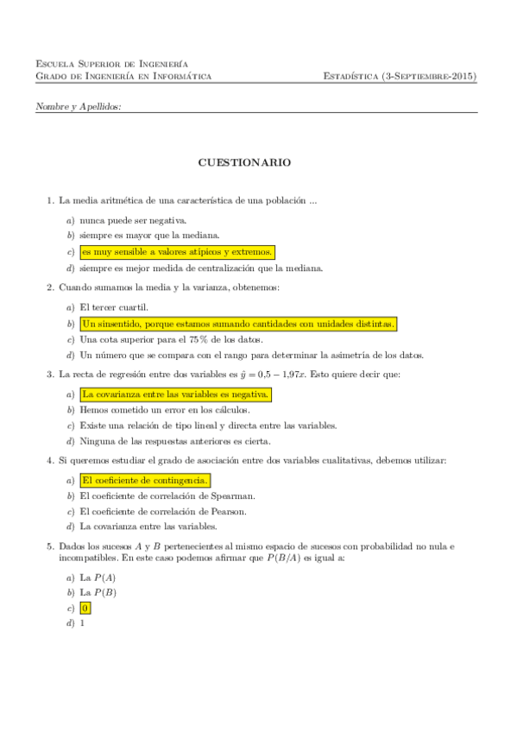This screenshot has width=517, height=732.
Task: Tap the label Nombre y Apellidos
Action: click(x=79, y=106)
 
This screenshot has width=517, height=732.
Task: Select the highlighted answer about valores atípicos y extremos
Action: click(x=177, y=252)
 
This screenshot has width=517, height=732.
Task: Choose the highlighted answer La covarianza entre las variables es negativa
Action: click(x=175, y=394)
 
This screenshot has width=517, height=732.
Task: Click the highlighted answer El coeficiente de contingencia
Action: click(x=144, y=480)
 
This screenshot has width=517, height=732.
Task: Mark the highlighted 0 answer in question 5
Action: click(x=84, y=608)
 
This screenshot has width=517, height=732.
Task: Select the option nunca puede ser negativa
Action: click(x=133, y=220)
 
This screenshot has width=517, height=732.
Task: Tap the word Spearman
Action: click(x=235, y=495)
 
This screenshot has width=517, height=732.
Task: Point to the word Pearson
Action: click(x=229, y=511)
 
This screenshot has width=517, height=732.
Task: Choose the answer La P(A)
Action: click(x=98, y=577)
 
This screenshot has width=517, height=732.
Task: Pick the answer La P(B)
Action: click(x=98, y=592)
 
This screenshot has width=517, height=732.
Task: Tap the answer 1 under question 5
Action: click(x=82, y=623)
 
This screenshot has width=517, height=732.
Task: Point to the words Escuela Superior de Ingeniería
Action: click(x=112, y=64)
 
